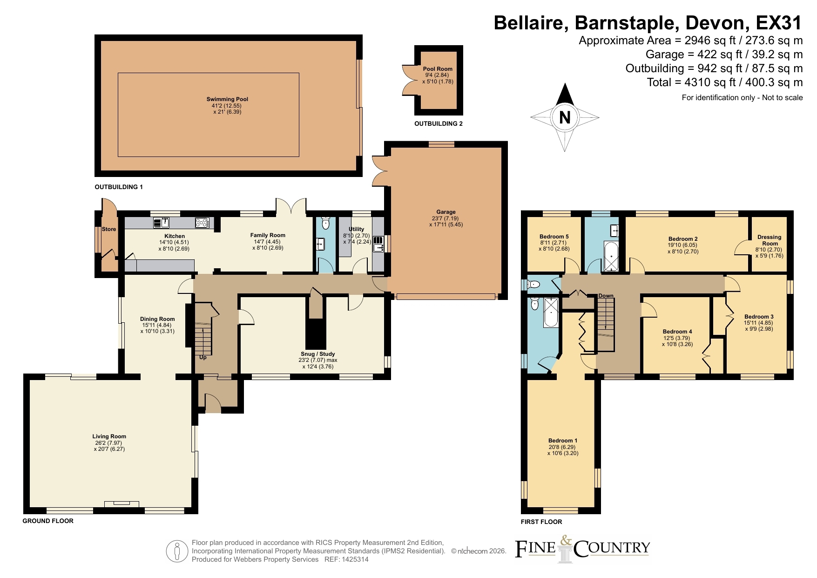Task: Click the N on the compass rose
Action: pyautogui.click(x=565, y=117)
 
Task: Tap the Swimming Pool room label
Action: pyautogui.click(x=227, y=99)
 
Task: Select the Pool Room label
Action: pyautogui.click(x=438, y=69)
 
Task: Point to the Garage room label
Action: pyautogui.click(x=446, y=212)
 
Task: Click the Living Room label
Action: pyautogui.click(x=109, y=436)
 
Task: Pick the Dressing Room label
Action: pyautogui.click(x=770, y=240)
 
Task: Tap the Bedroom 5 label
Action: pyautogui.click(x=554, y=237)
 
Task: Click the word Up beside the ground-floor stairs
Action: pyautogui.click(x=203, y=358)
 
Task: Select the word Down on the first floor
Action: pyautogui.click(x=606, y=296)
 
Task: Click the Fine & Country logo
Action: pyautogui.click(x=582, y=549)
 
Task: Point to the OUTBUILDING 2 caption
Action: pyautogui.click(x=439, y=124)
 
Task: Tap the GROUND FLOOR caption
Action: pyautogui.click(x=48, y=521)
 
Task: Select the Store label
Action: pyautogui.click(x=109, y=229)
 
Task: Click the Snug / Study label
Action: pyautogui.click(x=317, y=354)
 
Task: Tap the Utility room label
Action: pyautogui.click(x=357, y=229)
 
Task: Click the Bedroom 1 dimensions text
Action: pyautogui.click(x=563, y=450)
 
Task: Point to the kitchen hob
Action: pyautogui.click(x=202, y=223)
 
